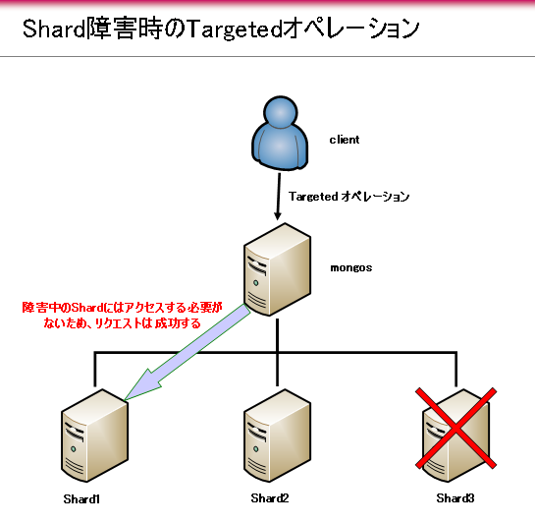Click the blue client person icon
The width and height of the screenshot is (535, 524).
[280, 134]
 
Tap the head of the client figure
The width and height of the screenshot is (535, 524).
[281, 112]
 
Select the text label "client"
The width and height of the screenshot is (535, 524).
[345, 140]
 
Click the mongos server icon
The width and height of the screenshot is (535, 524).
[277, 269]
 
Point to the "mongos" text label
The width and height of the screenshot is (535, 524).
[351, 267]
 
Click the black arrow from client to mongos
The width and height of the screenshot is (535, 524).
[279, 197]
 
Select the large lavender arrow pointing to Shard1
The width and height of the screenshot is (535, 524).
[187, 352]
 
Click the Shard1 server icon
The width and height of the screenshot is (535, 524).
[94, 436]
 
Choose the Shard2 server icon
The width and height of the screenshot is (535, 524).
[277, 436]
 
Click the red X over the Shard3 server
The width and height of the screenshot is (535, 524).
[455, 428]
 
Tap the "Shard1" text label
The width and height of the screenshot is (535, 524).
[81, 499]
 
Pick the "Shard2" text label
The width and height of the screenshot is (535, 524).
[270, 498]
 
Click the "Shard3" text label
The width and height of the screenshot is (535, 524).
[455, 498]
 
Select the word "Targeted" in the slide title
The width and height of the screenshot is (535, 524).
[235, 29]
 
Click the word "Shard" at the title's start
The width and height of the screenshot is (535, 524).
[54, 29]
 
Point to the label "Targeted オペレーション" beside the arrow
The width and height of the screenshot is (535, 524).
[348, 197]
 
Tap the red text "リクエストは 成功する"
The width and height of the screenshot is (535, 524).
[147, 323]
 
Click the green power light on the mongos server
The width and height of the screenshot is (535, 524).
[256, 283]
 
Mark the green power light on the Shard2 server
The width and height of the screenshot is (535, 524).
[256, 449]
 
